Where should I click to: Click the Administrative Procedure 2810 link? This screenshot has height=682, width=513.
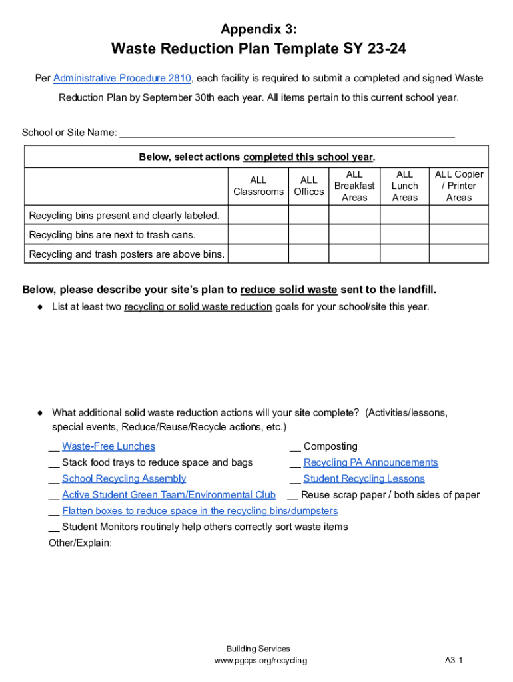click(x=122, y=79)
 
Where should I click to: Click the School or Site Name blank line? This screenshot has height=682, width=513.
click(x=286, y=132)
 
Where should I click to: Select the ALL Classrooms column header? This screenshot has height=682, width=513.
click(x=258, y=186)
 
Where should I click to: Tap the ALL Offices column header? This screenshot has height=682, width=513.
click(x=308, y=186)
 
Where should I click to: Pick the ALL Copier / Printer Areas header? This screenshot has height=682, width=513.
click(x=459, y=186)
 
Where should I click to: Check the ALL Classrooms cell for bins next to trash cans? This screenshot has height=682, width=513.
click(x=258, y=235)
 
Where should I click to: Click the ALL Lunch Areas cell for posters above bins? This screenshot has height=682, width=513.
click(x=404, y=254)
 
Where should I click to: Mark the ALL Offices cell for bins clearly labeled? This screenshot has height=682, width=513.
click(x=308, y=215)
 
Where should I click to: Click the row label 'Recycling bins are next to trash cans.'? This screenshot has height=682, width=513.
click(x=112, y=235)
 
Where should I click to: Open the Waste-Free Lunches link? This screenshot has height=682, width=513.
click(x=108, y=446)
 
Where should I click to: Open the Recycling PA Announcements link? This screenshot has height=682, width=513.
click(x=370, y=462)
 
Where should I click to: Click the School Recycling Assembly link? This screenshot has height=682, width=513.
click(x=124, y=478)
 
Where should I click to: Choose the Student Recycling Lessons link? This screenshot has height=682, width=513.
click(x=364, y=478)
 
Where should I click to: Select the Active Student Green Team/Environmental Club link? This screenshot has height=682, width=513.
click(x=169, y=495)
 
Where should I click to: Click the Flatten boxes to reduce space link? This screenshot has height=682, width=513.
click(x=200, y=511)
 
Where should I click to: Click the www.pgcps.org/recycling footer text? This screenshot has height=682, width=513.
click(x=260, y=661)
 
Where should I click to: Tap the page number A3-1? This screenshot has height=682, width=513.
click(x=454, y=661)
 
